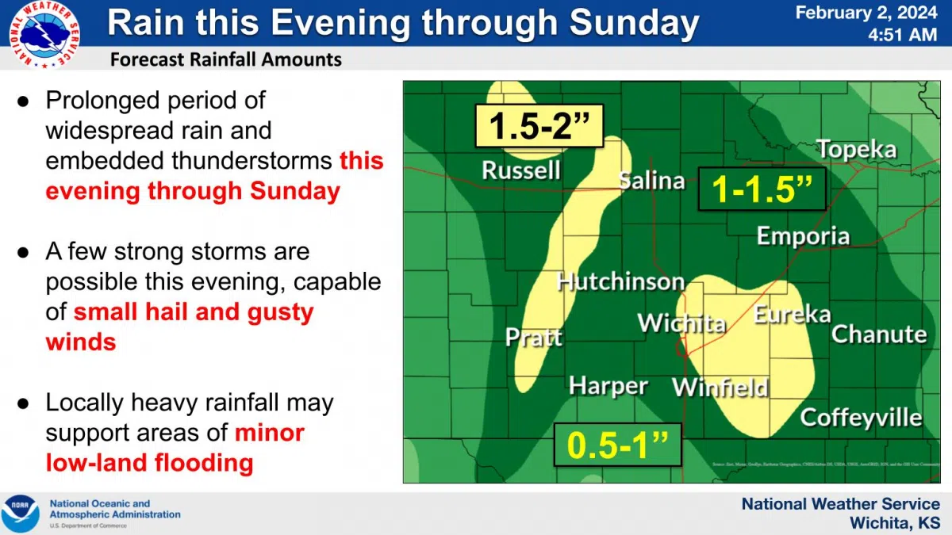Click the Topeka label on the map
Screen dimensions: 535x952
tap(856, 149)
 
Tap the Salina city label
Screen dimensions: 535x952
tap(651, 181)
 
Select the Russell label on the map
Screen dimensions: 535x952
tap(521, 170)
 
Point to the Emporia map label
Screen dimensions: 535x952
tap(803, 236)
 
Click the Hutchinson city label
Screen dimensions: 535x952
tap(620, 281)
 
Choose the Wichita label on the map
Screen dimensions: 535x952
tap(681, 323)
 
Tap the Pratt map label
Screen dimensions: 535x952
tap(534, 337)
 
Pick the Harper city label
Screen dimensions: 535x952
tap(608, 386)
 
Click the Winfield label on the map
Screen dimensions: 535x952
tap(720, 388)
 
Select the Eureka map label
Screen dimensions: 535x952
tap(791, 315)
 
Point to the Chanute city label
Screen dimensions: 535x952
tap(878, 334)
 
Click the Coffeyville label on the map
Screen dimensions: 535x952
tap(861, 418)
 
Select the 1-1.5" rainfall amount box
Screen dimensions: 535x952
tap(762, 189)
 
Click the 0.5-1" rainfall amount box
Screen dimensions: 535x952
tap(618, 445)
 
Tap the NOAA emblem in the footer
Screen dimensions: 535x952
tap(20, 514)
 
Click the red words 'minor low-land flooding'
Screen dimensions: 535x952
tap(175, 448)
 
